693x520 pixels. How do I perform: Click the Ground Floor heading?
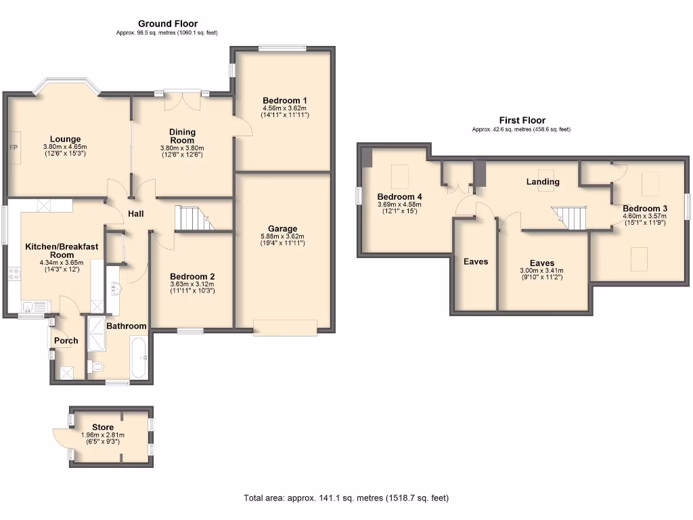(x=168, y=24)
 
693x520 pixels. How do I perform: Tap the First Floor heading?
(x=522, y=121)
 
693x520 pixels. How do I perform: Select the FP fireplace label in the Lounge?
(x=14, y=147)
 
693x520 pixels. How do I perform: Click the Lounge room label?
(x=65, y=139)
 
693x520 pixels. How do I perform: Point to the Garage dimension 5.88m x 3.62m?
(x=282, y=236)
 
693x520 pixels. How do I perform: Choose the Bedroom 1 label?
(x=285, y=100)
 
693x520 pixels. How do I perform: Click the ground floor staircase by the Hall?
(x=195, y=218)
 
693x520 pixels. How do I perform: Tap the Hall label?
(x=135, y=213)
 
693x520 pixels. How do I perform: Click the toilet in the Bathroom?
(x=96, y=366)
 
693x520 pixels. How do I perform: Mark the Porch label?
(x=66, y=341)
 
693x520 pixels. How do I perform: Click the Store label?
(x=103, y=427)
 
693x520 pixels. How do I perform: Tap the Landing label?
(x=543, y=181)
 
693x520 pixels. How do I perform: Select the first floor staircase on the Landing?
(x=569, y=218)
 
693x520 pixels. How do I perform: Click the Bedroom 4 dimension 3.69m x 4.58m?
(x=399, y=204)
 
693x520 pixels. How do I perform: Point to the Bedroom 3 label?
(x=645, y=209)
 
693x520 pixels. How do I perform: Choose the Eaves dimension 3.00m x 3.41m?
(x=541, y=271)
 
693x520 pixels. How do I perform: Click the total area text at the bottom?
(x=346, y=498)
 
